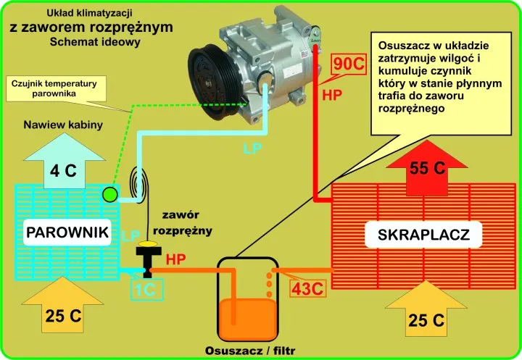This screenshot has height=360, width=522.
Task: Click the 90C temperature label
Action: (x=346, y=64)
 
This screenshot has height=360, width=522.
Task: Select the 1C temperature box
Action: (x=148, y=288)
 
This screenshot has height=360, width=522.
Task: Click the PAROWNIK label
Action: (x=67, y=233)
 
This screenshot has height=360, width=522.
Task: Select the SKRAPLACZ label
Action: (x=424, y=234)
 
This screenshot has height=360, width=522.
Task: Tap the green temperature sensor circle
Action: (x=110, y=193)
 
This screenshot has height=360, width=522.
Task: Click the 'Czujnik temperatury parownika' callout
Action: (x=54, y=88)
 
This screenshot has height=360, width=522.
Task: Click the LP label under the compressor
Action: (x=249, y=151)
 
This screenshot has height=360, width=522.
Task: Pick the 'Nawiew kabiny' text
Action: (x=63, y=125)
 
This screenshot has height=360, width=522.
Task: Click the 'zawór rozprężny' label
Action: (x=186, y=222)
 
